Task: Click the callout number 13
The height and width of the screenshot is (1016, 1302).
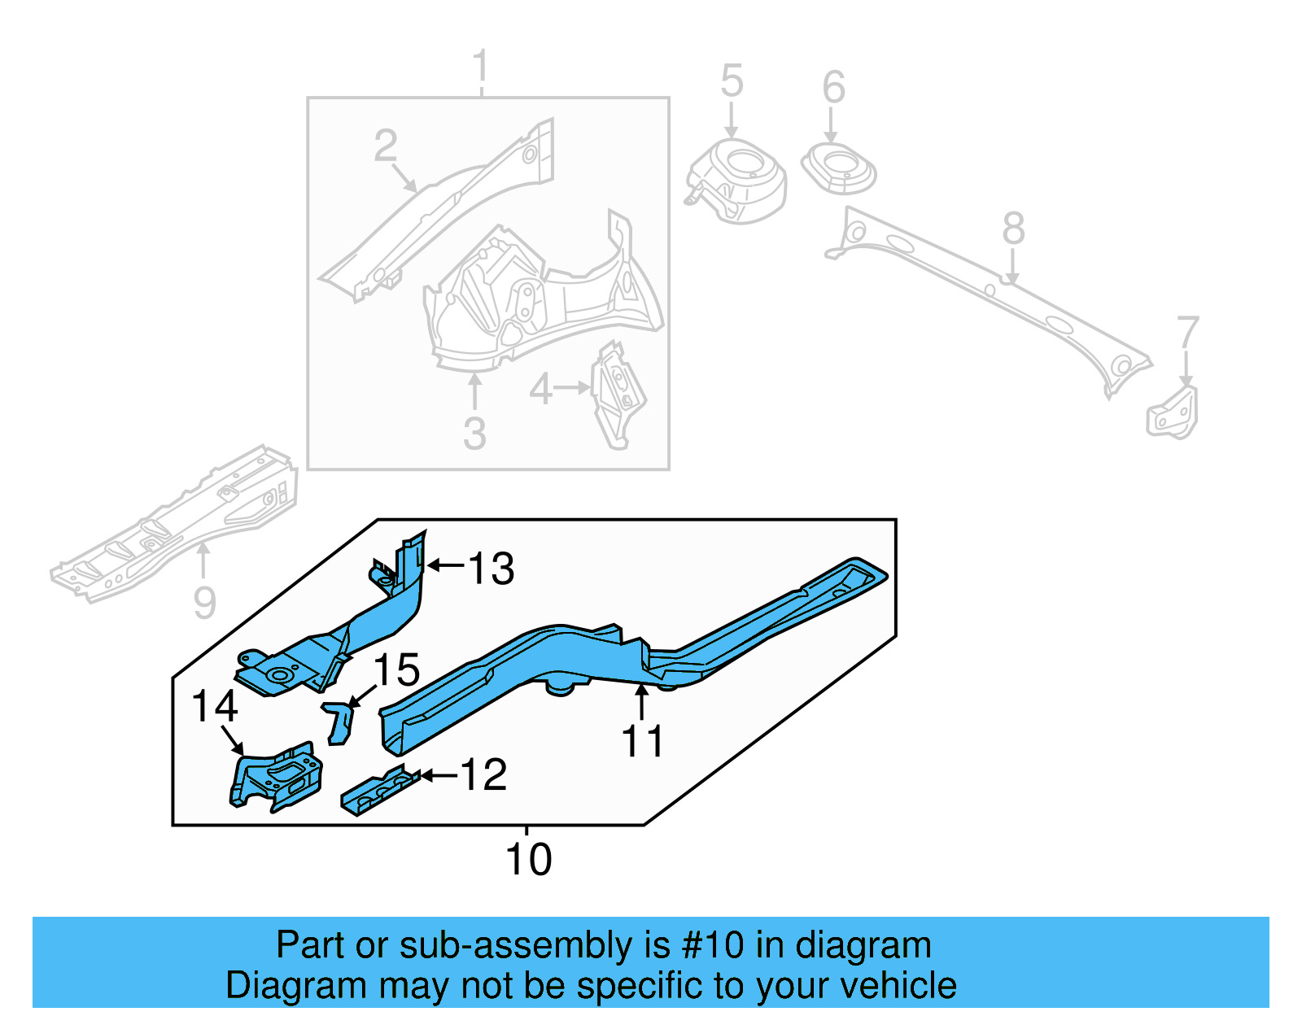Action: click(492, 568)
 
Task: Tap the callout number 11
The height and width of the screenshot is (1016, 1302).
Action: click(642, 742)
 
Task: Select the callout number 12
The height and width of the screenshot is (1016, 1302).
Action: click(484, 774)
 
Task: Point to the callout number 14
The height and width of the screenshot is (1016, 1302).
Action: click(214, 706)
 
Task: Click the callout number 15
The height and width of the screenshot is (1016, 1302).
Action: click(396, 670)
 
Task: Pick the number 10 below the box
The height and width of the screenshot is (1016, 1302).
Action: click(528, 860)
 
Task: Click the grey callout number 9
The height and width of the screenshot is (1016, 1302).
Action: click(204, 603)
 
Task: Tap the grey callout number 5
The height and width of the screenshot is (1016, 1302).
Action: click(732, 81)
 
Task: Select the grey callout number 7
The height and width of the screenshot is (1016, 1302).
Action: click(1188, 334)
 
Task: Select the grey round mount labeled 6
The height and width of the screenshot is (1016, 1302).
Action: click(839, 168)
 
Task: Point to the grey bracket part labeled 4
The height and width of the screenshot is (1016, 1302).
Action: click(619, 395)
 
